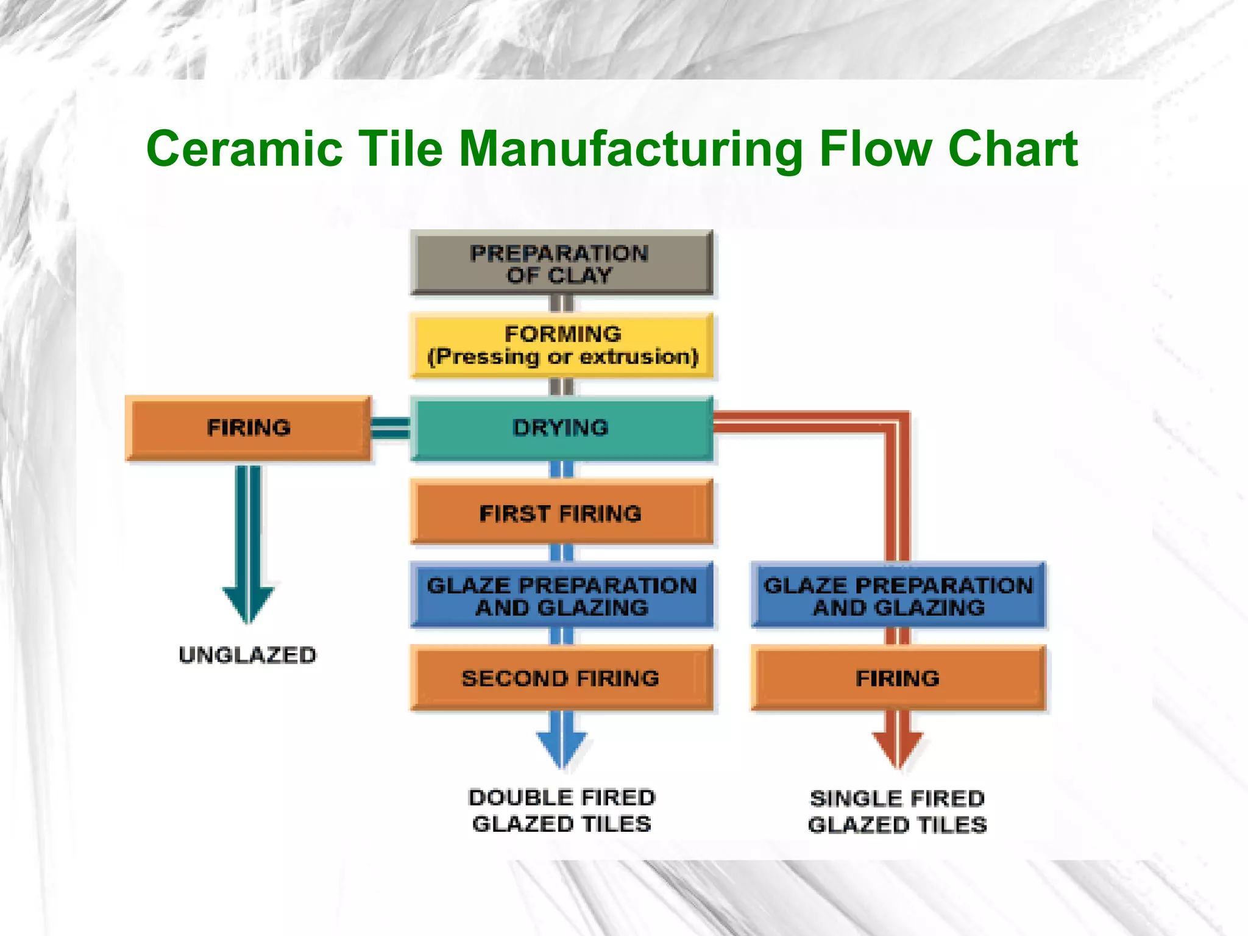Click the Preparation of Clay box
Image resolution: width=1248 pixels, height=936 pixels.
click(561, 263)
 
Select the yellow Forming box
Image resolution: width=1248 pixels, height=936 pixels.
click(561, 345)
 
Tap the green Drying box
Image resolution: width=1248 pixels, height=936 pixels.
click(561, 427)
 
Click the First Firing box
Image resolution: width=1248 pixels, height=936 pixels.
click(561, 512)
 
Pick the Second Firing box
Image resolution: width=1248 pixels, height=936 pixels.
click(561, 677)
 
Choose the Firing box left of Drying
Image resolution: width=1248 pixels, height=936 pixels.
click(248, 427)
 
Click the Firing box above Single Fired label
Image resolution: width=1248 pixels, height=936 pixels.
click(898, 677)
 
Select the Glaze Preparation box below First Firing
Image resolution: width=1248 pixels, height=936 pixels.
click(561, 596)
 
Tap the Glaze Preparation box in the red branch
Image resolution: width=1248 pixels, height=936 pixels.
click(898, 596)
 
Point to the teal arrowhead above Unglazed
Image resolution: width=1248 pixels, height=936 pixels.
click(248, 604)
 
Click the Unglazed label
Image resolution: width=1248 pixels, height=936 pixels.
click(248, 655)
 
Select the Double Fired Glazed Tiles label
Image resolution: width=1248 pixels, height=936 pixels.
click(561, 810)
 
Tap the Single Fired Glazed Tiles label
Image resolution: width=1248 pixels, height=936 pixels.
click(898, 812)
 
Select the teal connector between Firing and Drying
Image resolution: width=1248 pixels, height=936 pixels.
click(390, 427)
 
